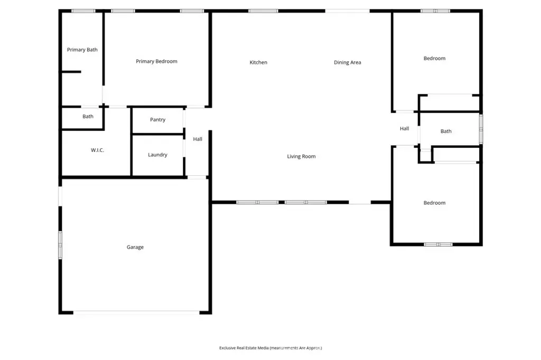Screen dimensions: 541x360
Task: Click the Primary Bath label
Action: point(82,50)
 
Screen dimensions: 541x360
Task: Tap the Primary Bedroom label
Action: point(156,61)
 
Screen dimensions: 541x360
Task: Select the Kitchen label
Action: point(258,62)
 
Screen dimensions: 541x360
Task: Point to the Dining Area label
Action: point(348,62)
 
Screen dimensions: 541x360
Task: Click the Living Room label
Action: point(301,156)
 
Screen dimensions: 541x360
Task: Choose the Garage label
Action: point(135,247)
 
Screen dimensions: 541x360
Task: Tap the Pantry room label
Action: point(157,120)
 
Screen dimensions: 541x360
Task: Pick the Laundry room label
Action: point(157,155)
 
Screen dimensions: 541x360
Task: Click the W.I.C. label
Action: point(97,150)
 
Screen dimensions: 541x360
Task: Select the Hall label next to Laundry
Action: point(198,139)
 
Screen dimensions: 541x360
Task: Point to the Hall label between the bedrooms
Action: point(404,129)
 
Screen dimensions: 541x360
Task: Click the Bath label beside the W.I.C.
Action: point(88,117)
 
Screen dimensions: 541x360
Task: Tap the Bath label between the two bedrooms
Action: point(446,131)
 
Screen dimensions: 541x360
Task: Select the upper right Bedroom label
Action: point(434,58)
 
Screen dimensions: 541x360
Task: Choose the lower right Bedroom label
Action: point(434,203)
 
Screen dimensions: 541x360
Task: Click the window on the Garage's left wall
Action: point(60,245)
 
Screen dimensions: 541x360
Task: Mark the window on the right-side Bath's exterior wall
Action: point(481,129)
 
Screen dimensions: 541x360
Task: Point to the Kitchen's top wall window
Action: point(263,11)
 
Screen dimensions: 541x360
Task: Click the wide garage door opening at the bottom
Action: point(136,312)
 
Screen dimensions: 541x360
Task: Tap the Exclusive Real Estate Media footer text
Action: point(270,348)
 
